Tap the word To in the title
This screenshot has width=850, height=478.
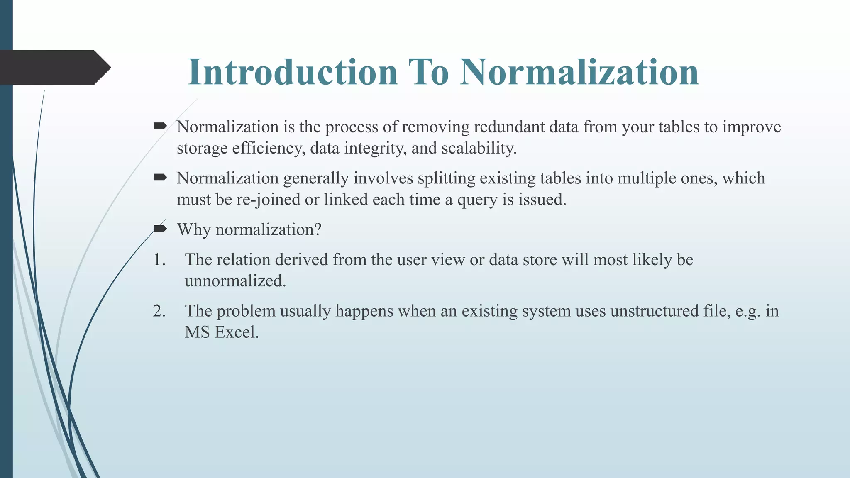tap(428, 72)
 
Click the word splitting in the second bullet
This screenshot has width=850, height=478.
tap(447, 178)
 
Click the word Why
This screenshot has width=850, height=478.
tap(194, 229)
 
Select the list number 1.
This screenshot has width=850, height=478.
tap(159, 260)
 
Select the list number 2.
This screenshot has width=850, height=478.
tap(159, 311)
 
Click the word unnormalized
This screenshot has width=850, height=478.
tap(235, 281)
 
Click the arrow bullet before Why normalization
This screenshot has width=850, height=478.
tap(160, 229)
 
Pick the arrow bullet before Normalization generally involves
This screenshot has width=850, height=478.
tap(160, 178)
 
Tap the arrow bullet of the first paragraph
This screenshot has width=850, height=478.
tap(160, 126)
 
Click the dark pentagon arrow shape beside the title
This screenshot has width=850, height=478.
tap(54, 68)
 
